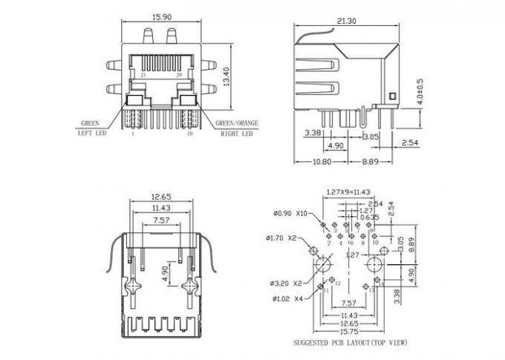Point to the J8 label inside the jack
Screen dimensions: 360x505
tap(178, 76)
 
